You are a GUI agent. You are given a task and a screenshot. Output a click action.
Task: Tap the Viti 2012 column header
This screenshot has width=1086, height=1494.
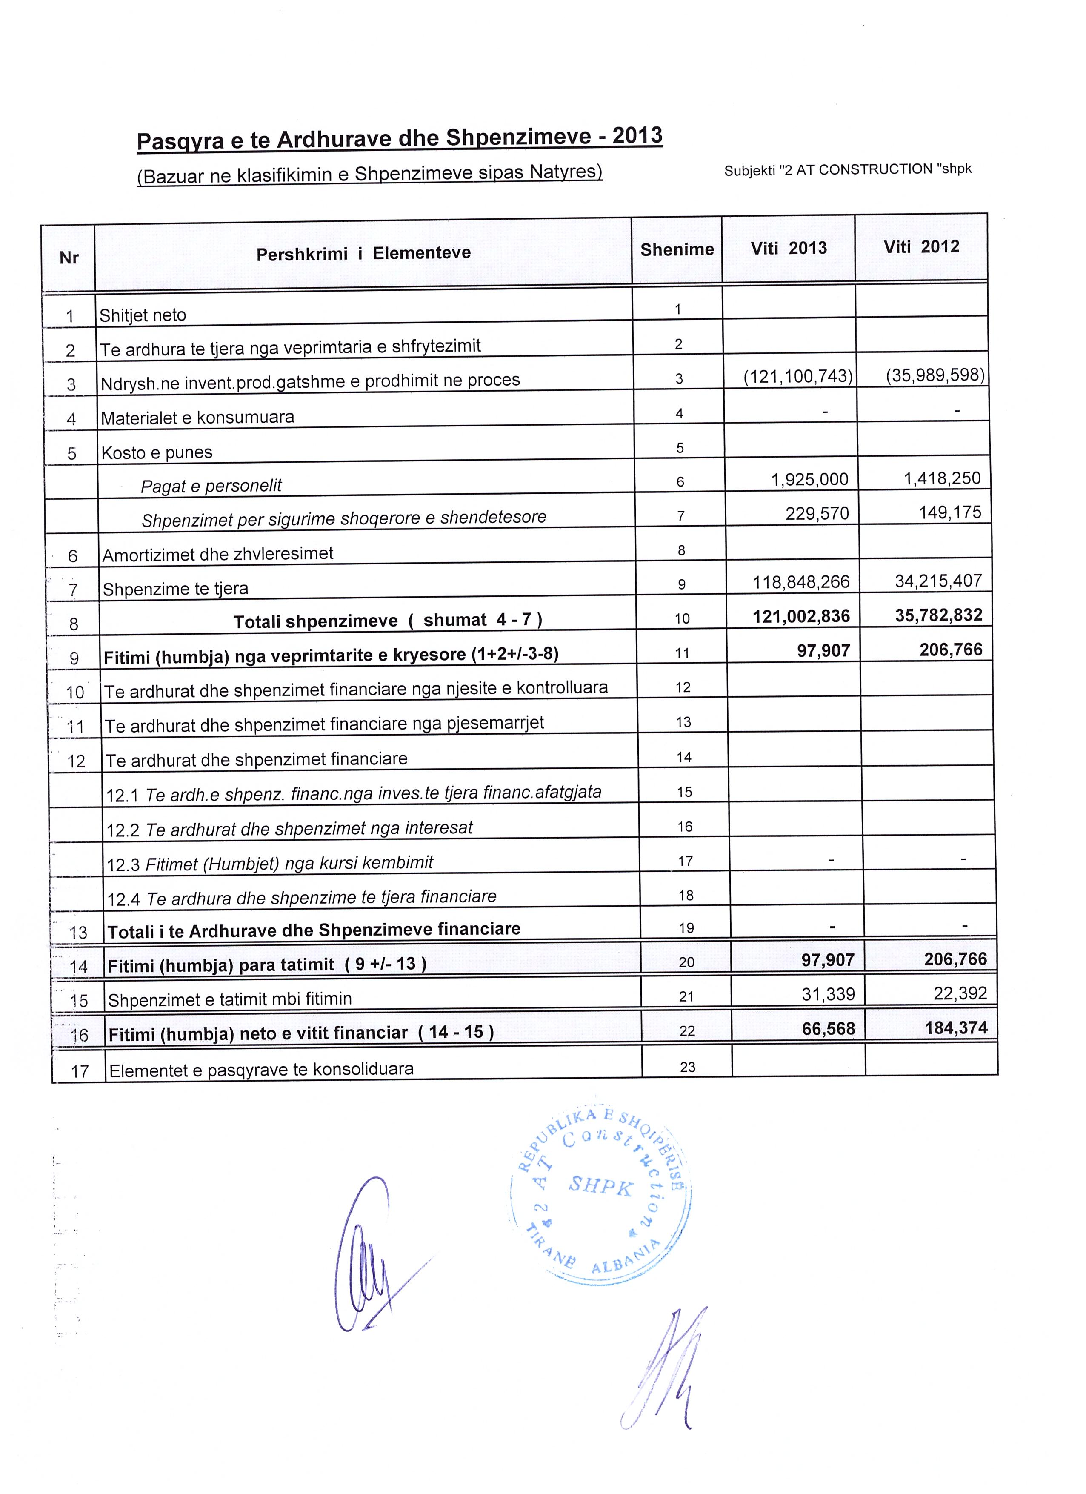tap(921, 247)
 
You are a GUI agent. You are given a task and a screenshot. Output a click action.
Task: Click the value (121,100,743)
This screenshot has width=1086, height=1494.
tap(797, 376)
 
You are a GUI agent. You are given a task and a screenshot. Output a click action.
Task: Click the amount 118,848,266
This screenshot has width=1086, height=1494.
tap(801, 582)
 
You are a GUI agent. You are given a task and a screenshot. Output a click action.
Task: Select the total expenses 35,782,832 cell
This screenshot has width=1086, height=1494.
tap(938, 615)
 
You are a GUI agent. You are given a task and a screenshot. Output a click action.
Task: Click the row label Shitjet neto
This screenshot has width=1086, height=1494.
tap(143, 315)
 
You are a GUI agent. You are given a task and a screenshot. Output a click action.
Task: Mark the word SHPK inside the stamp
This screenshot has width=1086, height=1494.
tap(600, 1187)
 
